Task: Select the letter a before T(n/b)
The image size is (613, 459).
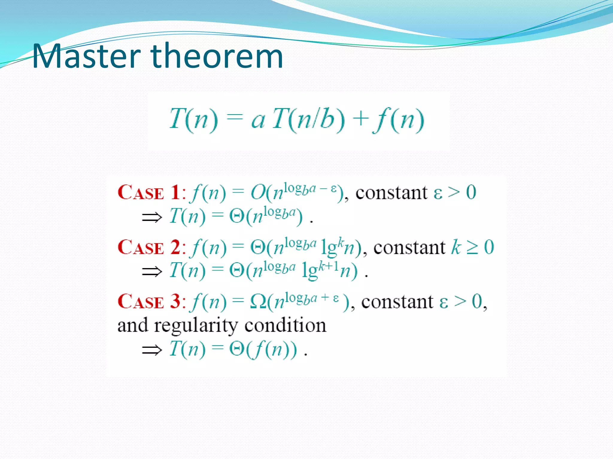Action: pos(258,120)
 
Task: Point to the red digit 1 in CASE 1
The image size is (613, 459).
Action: pos(175,192)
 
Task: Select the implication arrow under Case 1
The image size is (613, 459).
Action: pos(152,217)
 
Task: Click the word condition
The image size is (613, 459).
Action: pos(285,325)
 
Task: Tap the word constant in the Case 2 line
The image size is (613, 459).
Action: pos(409,248)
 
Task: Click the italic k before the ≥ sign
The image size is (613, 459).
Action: pos(456,247)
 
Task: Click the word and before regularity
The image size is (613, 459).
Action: pos(133,325)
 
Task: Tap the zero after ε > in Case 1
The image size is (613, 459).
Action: pos(471,192)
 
